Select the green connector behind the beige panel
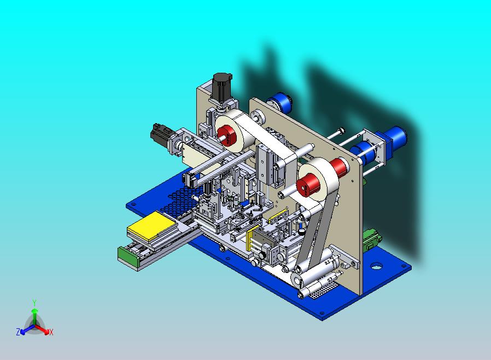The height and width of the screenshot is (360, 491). (x=372, y=239)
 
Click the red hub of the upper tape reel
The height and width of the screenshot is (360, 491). (x=229, y=135)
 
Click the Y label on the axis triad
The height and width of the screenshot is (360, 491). (x=35, y=303)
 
